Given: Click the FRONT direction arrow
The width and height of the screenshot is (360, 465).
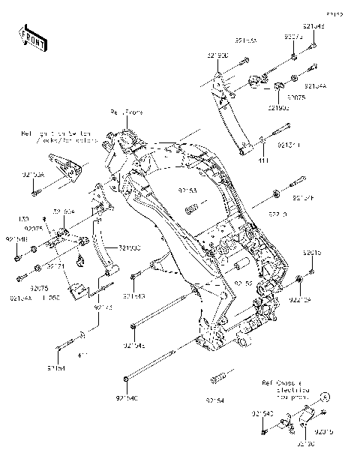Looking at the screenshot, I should point(34,38).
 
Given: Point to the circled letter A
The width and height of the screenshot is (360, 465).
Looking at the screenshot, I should point(325,395).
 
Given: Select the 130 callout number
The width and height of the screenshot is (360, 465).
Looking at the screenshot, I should point(23,219).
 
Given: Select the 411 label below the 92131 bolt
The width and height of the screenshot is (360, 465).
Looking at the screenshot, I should point(264,161).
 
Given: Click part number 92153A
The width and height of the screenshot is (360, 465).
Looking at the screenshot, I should point(33,174).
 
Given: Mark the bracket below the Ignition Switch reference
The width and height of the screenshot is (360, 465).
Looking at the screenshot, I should point(63,166).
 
